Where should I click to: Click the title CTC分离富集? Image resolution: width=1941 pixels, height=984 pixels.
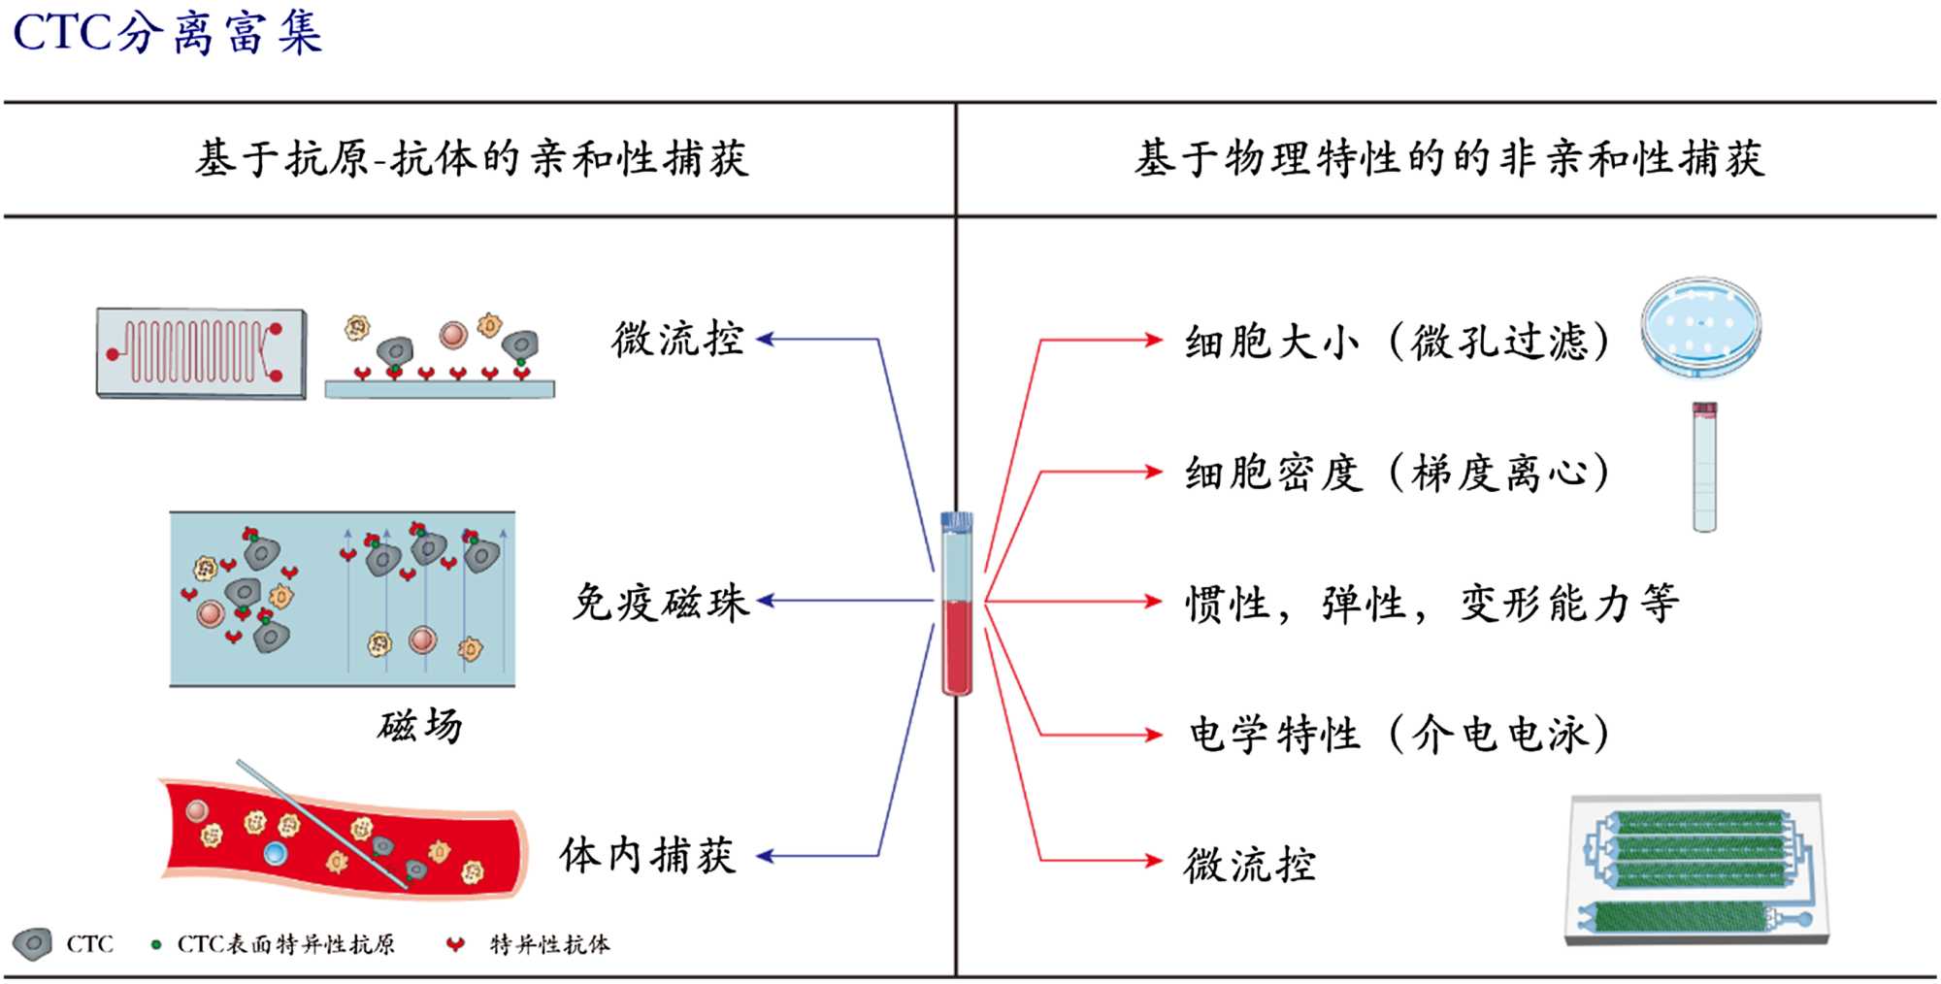(x=167, y=34)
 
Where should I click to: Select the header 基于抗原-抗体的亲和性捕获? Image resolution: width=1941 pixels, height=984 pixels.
(x=472, y=159)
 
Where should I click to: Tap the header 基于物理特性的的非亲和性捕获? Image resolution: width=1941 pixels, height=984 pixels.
(x=1449, y=159)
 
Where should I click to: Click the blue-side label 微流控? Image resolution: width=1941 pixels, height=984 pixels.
(x=677, y=340)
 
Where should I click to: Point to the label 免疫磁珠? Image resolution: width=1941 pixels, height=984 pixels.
(x=660, y=603)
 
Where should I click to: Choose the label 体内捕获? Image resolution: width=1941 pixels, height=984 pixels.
(x=647, y=856)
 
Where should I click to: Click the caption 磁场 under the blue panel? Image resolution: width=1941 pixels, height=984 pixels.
(x=420, y=726)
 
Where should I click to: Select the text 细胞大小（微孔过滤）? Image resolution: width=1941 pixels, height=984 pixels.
(x=1398, y=342)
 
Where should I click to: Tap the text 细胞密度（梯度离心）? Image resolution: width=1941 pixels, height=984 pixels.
(x=1398, y=474)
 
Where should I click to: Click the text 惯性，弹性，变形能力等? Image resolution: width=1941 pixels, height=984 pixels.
(x=1431, y=604)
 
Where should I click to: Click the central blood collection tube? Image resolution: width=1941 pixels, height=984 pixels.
(x=957, y=604)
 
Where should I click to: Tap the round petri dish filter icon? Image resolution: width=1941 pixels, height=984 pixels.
(x=1701, y=327)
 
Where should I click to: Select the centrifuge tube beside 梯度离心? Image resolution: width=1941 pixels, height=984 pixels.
(x=1704, y=468)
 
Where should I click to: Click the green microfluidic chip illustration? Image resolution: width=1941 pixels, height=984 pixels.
(x=1696, y=869)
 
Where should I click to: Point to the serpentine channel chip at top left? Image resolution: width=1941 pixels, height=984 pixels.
(x=201, y=353)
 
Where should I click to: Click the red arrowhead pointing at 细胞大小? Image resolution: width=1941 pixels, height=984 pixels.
(x=1153, y=340)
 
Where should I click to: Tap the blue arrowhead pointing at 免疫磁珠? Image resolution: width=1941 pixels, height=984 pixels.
(x=766, y=601)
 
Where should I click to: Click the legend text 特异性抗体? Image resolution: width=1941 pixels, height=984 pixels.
(x=549, y=944)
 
